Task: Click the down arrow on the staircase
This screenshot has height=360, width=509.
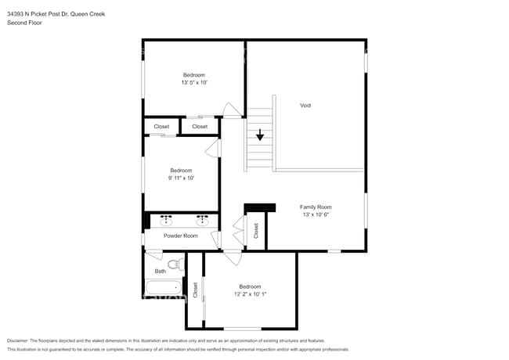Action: point(260,135)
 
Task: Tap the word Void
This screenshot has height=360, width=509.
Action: point(305,105)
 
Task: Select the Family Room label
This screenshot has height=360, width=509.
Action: point(316,207)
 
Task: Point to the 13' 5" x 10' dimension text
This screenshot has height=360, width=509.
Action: point(193,82)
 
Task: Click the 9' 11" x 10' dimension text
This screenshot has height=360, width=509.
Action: point(181,178)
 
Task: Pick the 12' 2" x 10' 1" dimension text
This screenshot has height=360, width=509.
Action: point(250,294)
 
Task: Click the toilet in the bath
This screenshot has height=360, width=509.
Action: point(175,264)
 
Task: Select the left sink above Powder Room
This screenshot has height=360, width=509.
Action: point(166,221)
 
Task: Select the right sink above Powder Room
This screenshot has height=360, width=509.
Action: point(202,221)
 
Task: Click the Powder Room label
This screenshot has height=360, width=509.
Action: point(180,236)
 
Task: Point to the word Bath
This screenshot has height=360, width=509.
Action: point(160,271)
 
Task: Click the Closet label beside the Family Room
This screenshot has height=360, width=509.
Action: point(256,230)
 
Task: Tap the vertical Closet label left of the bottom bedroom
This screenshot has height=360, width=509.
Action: point(195,290)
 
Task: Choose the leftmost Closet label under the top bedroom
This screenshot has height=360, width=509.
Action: point(161,126)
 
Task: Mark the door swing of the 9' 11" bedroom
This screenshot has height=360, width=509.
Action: point(212,148)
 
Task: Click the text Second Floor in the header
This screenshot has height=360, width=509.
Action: point(24,23)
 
